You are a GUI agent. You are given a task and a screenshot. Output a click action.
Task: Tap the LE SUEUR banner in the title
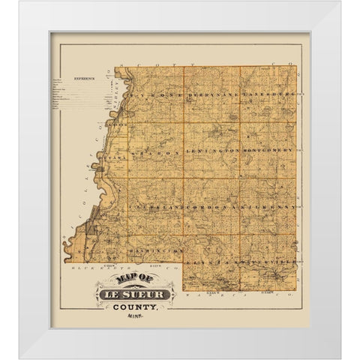point(135,294)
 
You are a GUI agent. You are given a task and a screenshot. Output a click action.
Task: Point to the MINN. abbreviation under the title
point(135,316)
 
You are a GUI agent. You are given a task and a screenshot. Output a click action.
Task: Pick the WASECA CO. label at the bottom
point(255,297)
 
